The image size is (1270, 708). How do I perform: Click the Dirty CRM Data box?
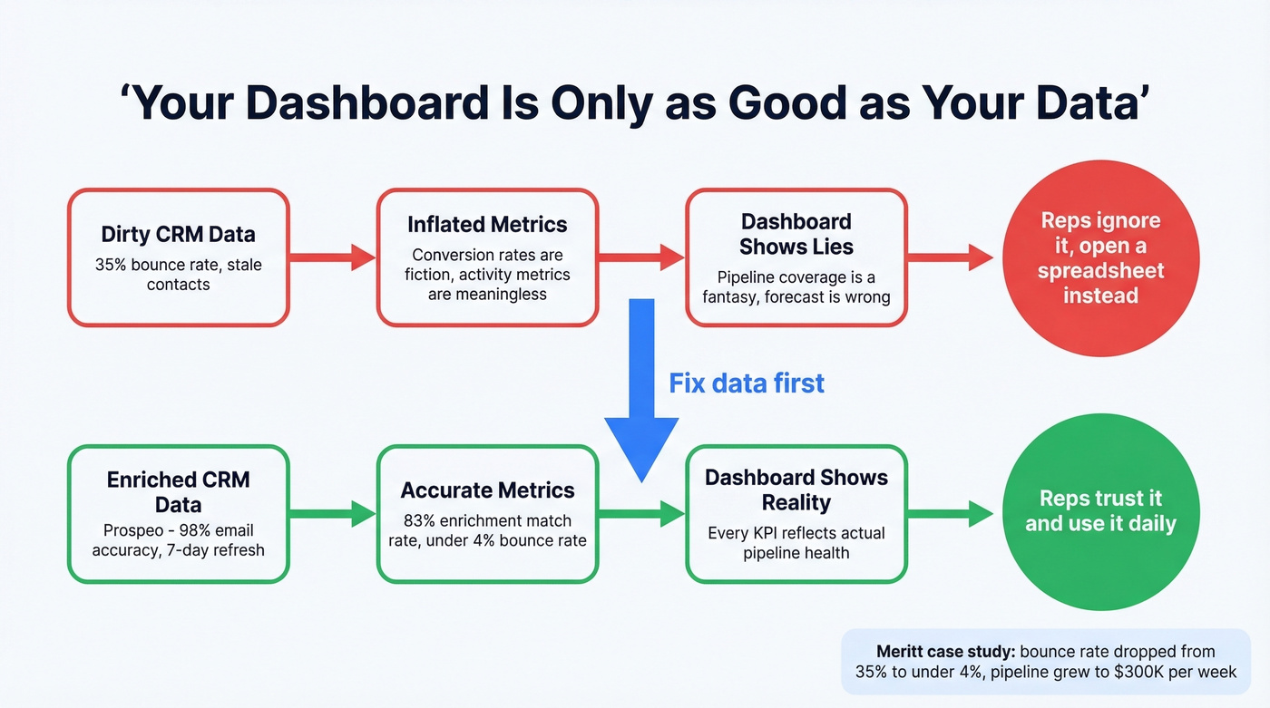[x=178, y=257]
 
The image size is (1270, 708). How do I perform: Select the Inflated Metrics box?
[x=487, y=257]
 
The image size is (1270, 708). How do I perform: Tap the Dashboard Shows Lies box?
[x=796, y=257]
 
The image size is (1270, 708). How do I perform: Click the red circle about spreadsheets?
[x=1099, y=257]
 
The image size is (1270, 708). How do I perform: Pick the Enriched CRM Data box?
[x=178, y=513]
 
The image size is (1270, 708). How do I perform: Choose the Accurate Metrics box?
[x=487, y=513]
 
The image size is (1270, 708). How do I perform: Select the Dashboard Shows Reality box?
[x=796, y=513]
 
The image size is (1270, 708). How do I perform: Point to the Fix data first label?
[x=747, y=383]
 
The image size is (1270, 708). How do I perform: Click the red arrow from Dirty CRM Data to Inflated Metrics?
[x=332, y=257]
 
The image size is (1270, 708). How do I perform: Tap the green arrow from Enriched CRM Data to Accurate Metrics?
[x=332, y=514]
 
